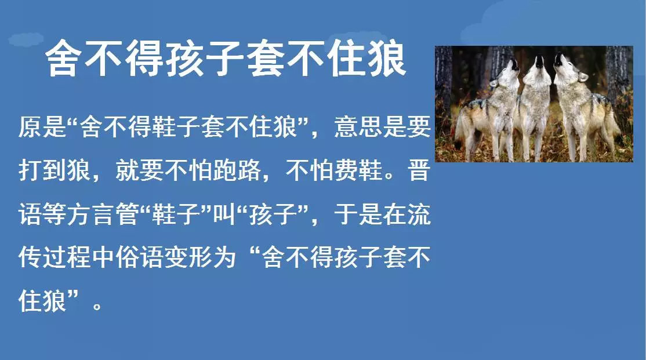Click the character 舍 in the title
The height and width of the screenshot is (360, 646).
click(x=62, y=58)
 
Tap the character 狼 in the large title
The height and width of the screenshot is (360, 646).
click(x=388, y=58)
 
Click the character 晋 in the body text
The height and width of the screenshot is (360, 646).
click(x=419, y=170)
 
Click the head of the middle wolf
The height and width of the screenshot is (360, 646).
click(x=537, y=68)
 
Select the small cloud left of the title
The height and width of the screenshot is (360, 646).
click(x=26, y=39)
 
